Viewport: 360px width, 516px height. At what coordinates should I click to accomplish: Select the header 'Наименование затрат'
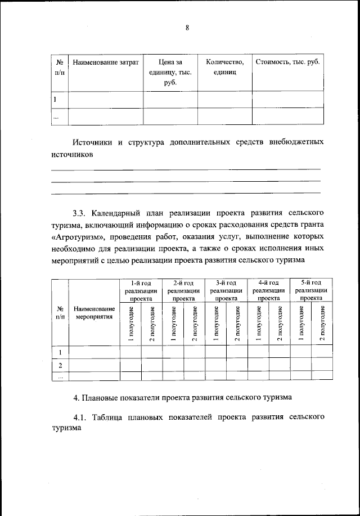click(x=106, y=62)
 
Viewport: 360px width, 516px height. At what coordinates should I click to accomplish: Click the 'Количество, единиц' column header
click(x=224, y=67)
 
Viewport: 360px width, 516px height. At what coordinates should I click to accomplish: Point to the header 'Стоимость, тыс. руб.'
click(x=287, y=62)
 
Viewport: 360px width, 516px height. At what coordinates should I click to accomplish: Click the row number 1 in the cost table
click(x=55, y=100)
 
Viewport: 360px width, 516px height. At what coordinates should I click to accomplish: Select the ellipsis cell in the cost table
click(x=55, y=116)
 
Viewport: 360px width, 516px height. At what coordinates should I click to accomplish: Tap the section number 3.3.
click(x=82, y=213)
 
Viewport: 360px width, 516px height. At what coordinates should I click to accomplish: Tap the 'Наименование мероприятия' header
click(x=94, y=313)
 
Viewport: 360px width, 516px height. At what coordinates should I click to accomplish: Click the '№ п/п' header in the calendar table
click(x=60, y=313)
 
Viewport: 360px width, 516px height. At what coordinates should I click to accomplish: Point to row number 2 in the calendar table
click(x=60, y=365)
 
